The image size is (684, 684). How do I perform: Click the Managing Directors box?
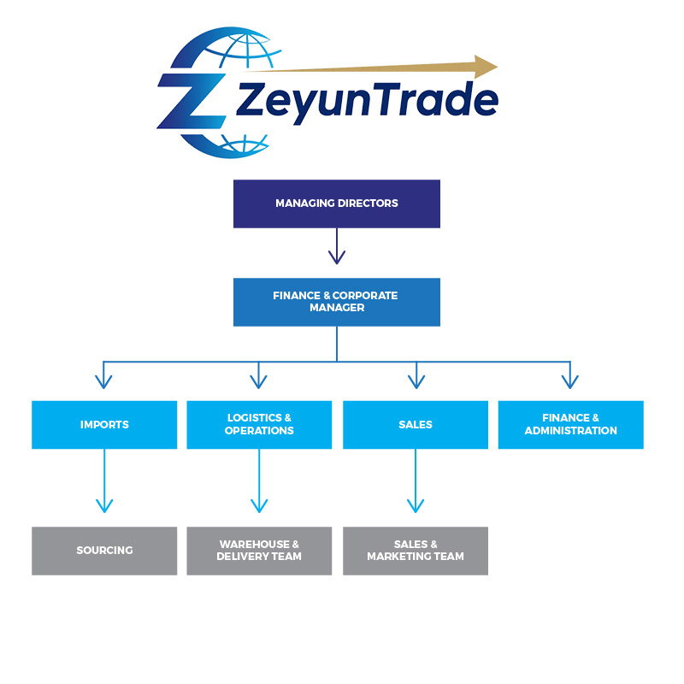coord(336,203)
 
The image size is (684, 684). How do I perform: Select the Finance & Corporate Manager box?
coord(336,302)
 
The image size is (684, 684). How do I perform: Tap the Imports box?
coord(104,425)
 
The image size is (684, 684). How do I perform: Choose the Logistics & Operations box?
coord(259,425)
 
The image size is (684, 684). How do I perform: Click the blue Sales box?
coord(416,425)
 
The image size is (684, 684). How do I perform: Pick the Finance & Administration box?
coord(570,425)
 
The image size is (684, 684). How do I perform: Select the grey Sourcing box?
coord(104,551)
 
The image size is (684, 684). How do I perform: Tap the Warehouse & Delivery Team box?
coord(259,551)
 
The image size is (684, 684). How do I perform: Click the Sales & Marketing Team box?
coord(416,551)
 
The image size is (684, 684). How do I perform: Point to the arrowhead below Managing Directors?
coord(337,256)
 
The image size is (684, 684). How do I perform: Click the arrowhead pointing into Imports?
coord(104,380)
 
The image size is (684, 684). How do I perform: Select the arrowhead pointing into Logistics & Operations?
coord(259,380)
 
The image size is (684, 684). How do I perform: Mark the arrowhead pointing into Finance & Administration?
coord(570,380)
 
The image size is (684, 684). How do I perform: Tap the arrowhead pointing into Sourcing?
coord(104,504)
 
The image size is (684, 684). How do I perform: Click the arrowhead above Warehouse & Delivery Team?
coord(259,504)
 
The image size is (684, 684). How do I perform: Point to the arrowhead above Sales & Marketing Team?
coord(416,504)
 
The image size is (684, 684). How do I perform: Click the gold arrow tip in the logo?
coord(486,67)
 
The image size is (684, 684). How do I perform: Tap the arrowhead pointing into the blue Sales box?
coord(416,380)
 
